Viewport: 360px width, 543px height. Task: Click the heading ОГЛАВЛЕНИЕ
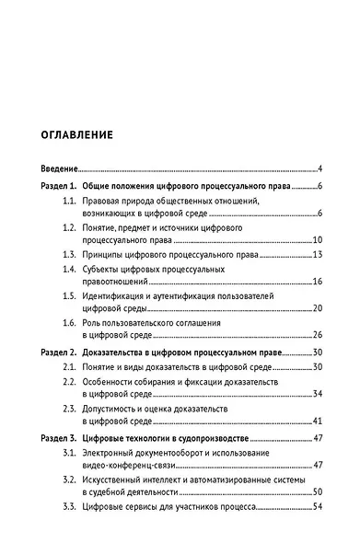tap(77, 134)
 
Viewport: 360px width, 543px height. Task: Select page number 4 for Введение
tap(318, 169)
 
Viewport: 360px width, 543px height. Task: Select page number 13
tap(315, 254)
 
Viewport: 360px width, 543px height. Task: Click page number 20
tap(315, 307)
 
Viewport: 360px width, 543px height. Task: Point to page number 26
tap(315, 335)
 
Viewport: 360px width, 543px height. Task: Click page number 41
tap(315, 421)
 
